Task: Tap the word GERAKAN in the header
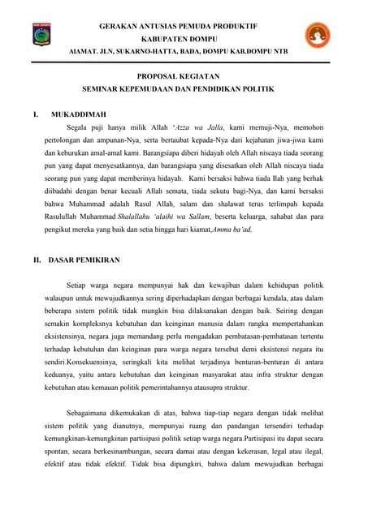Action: [x=119, y=27]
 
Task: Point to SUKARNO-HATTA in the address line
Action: [x=142, y=49]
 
